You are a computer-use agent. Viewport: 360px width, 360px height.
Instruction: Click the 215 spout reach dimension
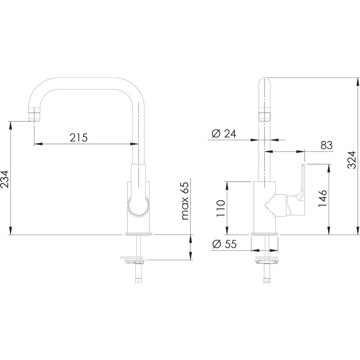point(78,138)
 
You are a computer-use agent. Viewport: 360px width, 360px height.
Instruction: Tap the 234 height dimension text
point(5,179)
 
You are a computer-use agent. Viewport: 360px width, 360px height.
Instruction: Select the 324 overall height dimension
point(351,160)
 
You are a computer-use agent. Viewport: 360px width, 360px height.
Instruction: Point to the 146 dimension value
point(322,198)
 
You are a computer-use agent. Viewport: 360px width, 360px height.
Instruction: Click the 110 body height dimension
point(221,208)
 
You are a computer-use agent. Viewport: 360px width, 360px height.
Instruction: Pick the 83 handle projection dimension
point(327,145)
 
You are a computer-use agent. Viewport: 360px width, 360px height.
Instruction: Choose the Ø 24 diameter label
point(224,134)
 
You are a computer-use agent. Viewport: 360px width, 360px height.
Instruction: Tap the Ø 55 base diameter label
point(224,244)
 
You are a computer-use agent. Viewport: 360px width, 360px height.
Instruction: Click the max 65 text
point(185,201)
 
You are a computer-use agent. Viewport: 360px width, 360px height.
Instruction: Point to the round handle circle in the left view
point(139,206)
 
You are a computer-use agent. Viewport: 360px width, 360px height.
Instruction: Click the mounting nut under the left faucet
point(132,260)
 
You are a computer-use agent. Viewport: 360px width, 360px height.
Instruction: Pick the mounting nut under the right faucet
point(266,260)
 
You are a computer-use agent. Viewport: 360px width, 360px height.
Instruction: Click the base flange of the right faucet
point(265,234)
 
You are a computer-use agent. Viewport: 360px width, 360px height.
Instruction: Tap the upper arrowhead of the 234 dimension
point(10,126)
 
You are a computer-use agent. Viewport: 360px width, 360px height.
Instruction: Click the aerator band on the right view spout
point(265,117)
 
